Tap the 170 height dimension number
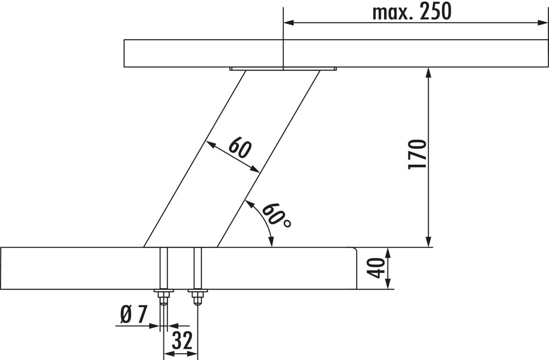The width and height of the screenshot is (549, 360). (417, 154)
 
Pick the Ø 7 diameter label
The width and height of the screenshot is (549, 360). (134, 314)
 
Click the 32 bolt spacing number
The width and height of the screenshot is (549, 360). (182, 341)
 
